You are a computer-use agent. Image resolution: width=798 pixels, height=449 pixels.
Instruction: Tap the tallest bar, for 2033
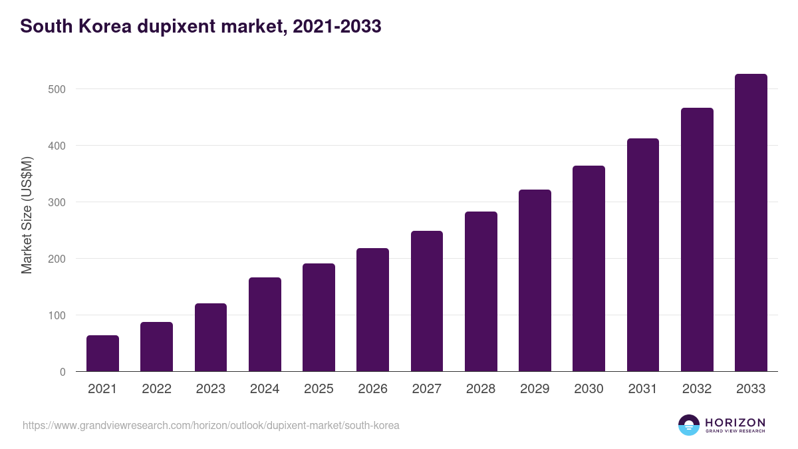(751, 223)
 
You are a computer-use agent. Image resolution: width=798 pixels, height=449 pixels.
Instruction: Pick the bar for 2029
(535, 281)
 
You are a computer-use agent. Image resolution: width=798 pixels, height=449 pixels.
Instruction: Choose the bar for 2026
(372, 310)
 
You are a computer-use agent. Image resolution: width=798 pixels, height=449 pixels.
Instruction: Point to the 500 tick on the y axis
(57, 89)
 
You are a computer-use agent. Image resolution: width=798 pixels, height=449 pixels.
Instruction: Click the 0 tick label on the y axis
(63, 372)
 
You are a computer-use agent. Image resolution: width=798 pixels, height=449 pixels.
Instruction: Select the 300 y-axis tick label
(57, 202)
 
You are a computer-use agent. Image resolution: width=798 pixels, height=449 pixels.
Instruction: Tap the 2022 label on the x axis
(156, 389)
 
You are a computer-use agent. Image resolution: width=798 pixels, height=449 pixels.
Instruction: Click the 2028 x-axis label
(481, 389)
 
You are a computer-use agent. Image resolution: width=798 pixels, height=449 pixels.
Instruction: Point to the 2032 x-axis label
(697, 389)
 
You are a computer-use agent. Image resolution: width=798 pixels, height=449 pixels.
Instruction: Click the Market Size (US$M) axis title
(27, 215)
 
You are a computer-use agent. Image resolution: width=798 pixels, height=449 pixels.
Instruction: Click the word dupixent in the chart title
(176, 27)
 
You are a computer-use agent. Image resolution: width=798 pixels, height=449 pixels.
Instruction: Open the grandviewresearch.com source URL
(211, 425)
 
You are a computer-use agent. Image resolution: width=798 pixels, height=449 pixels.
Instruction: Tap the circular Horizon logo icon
(689, 425)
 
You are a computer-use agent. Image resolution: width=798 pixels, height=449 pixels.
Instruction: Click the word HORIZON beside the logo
(735, 422)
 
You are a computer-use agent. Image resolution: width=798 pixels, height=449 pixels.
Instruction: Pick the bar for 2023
(211, 337)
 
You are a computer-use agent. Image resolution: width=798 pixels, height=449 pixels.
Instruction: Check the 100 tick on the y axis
(57, 315)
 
